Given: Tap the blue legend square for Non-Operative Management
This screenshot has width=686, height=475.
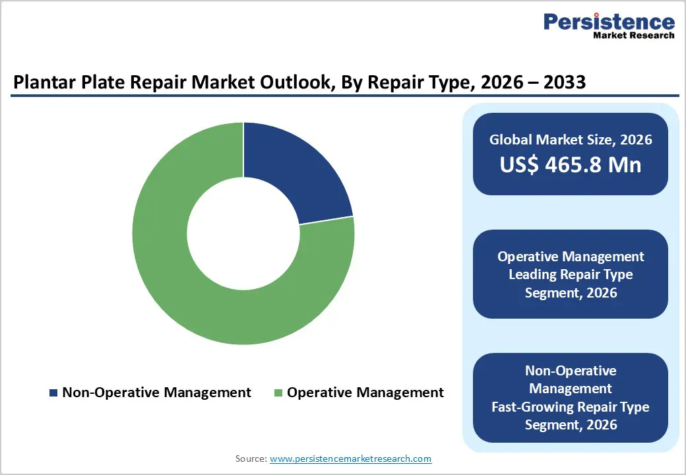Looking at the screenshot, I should click(x=53, y=393).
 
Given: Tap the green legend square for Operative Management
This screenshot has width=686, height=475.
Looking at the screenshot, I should click(x=278, y=393).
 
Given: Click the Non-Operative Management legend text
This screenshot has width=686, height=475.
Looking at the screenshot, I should click(x=156, y=393).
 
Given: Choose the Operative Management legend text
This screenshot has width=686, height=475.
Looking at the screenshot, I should click(x=365, y=393).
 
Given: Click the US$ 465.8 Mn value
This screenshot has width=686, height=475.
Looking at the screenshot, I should click(x=571, y=164).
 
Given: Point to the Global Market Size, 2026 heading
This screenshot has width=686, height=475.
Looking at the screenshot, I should click(x=571, y=139).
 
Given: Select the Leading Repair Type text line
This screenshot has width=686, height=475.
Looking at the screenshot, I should click(x=571, y=274).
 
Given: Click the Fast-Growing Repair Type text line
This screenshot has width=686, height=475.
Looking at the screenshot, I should click(x=571, y=407).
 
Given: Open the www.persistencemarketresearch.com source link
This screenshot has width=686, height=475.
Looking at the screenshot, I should click(x=350, y=459).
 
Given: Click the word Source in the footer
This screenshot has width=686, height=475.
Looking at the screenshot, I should click(x=251, y=459).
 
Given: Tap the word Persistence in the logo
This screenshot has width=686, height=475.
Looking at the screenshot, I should click(x=609, y=21).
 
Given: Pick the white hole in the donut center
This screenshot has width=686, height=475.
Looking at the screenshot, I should click(x=243, y=233).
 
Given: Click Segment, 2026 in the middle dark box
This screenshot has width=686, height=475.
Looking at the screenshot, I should click(x=571, y=292).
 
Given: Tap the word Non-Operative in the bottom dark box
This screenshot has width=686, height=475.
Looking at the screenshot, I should click(x=571, y=371).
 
